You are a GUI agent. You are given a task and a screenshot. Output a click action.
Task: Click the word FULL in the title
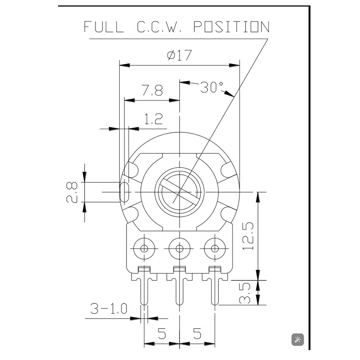click(103, 27)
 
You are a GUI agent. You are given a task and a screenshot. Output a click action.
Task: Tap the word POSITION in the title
click(231, 27)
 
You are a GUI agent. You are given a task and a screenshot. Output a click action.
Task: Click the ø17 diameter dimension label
click(179, 55)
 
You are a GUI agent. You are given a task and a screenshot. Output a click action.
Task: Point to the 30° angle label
click(211, 87)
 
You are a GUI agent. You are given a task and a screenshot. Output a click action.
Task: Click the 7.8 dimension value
click(152, 90)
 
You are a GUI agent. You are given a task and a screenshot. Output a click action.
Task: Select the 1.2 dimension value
click(153, 119)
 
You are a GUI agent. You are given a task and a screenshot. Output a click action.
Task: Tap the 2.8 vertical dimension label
click(72, 192)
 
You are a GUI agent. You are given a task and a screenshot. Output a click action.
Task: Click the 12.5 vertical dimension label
click(248, 236)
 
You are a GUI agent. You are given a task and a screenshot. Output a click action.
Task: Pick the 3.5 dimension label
click(245, 293)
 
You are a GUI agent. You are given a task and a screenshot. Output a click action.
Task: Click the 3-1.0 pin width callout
click(108, 308)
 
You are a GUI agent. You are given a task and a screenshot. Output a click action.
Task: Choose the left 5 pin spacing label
click(162, 333)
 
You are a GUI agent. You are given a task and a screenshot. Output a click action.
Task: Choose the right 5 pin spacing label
click(197, 333)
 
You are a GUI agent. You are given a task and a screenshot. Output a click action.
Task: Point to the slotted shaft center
click(179, 192)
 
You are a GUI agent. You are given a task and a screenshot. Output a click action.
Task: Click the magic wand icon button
click(297, 340)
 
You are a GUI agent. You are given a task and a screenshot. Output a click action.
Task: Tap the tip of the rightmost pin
click(215, 305)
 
